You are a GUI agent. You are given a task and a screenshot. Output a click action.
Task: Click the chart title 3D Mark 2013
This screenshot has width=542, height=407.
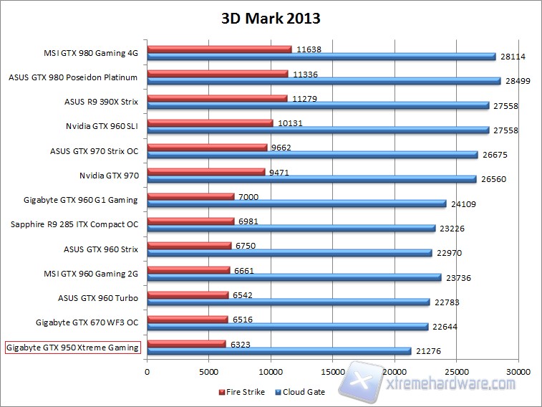coord(270,19)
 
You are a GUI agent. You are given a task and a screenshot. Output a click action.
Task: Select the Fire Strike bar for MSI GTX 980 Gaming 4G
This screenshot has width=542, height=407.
coord(219,49)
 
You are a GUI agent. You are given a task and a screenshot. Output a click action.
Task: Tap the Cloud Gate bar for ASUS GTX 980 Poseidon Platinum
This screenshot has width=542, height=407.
coord(324,81)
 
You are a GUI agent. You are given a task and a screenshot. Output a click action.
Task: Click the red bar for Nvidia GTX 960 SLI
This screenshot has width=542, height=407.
coord(210,123)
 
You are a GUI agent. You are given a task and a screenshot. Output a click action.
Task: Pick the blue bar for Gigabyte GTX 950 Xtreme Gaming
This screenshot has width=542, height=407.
coord(279,350)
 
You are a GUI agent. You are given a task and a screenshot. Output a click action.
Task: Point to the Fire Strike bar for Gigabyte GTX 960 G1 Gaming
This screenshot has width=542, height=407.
coord(190,196)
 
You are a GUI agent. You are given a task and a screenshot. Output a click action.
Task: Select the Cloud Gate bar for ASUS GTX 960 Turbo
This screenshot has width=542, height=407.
coord(288,302)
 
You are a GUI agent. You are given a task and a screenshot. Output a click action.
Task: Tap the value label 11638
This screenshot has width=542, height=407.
coord(309,49)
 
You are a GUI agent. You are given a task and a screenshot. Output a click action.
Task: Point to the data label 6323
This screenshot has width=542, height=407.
coord(241,343)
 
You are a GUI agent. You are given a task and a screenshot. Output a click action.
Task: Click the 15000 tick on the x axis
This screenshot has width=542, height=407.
coord(332,372)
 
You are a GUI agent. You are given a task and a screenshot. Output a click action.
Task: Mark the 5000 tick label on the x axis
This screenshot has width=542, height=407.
coord(208,372)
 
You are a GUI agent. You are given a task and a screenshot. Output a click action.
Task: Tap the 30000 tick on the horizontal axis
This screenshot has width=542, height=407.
coord(517,372)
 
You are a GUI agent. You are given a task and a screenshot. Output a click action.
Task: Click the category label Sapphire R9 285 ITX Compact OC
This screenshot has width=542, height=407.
coord(74,224)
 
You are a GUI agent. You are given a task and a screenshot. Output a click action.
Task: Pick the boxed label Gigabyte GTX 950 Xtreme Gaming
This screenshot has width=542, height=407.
coord(72,348)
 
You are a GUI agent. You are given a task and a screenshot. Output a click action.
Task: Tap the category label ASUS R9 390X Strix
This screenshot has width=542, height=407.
coord(101,102)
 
